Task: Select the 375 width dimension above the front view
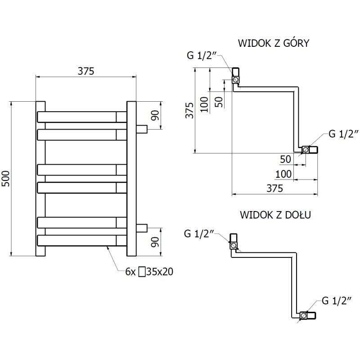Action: (85, 71)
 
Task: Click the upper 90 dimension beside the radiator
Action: (154, 115)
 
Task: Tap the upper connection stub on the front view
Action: (142, 129)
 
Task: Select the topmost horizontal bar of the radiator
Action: (81, 117)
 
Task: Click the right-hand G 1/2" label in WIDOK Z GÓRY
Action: (343, 133)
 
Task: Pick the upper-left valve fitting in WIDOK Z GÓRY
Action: (236, 77)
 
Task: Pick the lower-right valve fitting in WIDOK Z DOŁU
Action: (308, 315)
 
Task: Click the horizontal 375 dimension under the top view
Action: (274, 189)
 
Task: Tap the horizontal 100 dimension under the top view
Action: (282, 174)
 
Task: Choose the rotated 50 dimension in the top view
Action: (219, 101)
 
